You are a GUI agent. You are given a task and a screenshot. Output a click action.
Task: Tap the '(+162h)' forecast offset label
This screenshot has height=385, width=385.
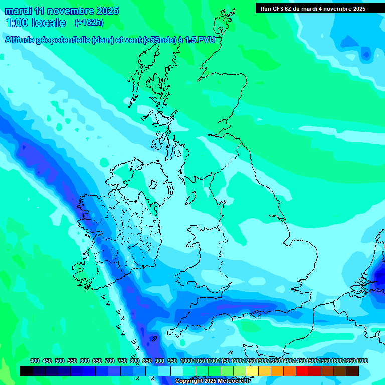click(89, 23)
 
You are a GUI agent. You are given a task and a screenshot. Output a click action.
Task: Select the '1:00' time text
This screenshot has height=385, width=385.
click(16, 23)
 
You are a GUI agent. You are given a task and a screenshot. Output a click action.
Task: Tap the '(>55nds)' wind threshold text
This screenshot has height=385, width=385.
click(159, 40)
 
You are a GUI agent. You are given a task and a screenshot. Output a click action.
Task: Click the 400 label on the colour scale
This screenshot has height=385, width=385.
click(35, 361)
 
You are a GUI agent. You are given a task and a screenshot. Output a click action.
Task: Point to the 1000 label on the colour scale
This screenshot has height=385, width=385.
click(186, 361)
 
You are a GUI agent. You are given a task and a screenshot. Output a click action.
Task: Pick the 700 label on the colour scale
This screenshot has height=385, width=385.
click(110, 361)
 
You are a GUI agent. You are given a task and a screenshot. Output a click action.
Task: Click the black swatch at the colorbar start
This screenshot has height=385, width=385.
click(27, 371)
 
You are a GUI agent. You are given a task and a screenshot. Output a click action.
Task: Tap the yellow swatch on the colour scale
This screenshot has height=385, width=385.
click(252, 371)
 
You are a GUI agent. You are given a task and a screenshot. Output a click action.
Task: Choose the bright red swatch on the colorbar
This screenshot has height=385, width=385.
click(302, 371)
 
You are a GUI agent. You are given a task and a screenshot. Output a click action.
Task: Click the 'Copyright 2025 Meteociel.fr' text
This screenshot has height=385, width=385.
click(213, 381)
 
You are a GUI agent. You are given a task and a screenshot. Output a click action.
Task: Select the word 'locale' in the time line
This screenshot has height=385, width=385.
click(48, 23)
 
